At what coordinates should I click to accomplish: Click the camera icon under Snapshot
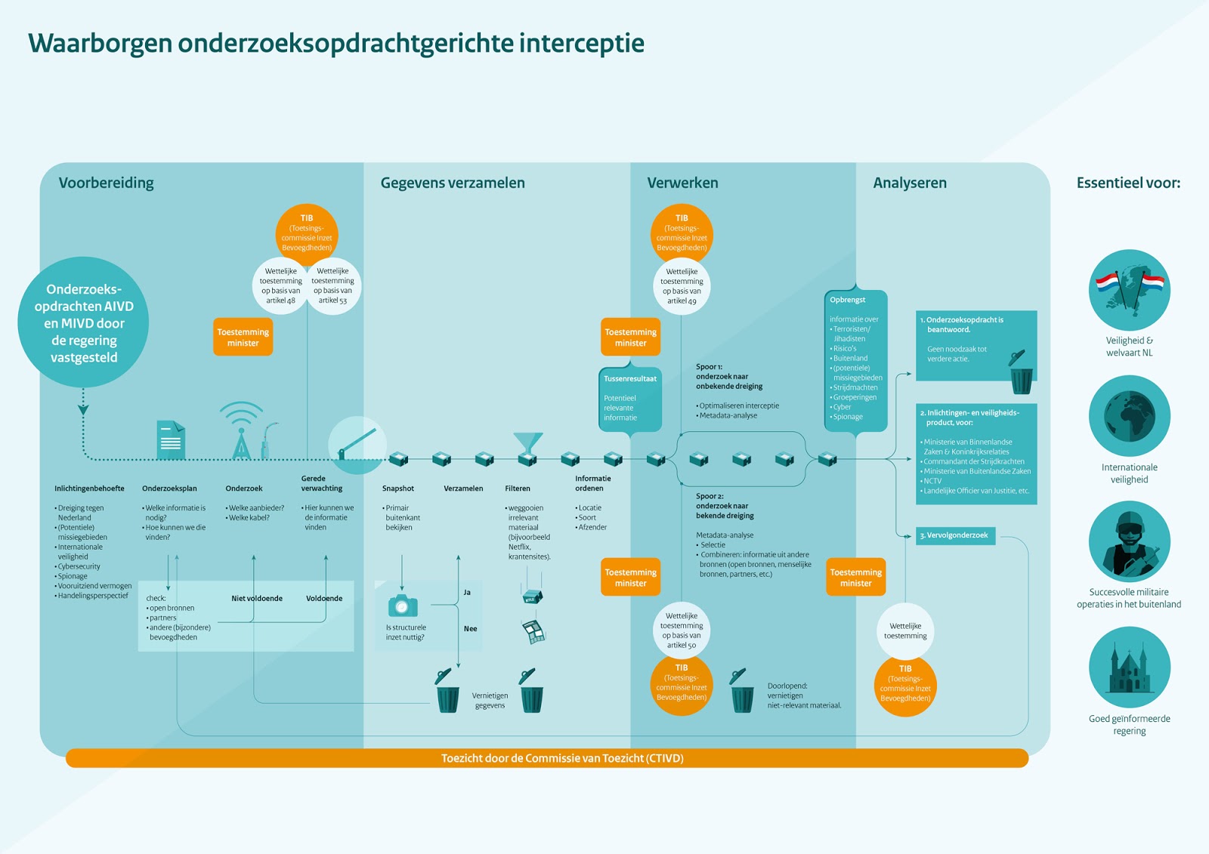403,606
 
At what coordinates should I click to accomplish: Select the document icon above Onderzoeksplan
171,439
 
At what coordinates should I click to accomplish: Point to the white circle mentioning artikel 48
280,286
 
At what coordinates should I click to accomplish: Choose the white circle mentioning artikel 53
332,286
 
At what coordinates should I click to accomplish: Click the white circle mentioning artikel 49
682,286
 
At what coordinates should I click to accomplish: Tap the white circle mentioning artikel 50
682,630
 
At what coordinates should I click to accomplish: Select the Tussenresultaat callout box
630,399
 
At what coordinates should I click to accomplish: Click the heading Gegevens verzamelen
453,183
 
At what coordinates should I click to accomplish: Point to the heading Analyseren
910,183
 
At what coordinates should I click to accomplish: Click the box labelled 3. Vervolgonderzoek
955,535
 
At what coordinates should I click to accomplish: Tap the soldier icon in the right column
1129,541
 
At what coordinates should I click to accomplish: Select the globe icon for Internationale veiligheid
1129,416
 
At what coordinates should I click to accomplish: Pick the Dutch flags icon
1129,290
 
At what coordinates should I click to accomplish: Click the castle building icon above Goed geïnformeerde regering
1129,667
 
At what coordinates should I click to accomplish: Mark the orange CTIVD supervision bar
547,758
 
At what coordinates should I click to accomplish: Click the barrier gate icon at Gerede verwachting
357,445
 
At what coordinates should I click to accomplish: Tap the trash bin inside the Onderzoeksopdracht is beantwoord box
1021,373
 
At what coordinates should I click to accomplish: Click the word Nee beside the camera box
470,628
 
